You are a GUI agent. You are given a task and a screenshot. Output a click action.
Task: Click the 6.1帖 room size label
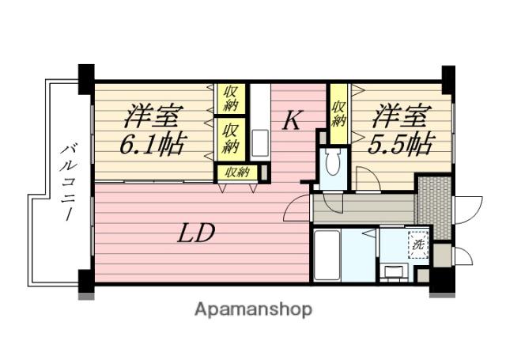(153, 143)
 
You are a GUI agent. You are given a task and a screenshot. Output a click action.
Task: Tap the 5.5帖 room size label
(400, 143)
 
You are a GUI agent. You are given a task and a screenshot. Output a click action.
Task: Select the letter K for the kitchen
(293, 120)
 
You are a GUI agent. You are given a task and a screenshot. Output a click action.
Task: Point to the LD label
(196, 233)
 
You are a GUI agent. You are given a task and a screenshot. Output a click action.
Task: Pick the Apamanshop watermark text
(253, 310)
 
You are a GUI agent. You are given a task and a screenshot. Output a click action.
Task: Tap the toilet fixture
(332, 162)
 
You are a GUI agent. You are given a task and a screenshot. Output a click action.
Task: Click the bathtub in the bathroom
(327, 255)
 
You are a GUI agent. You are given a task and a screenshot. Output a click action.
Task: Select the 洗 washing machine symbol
(418, 244)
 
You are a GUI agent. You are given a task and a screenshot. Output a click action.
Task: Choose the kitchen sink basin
(260, 143)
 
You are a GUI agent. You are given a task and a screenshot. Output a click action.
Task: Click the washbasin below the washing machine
(394, 271)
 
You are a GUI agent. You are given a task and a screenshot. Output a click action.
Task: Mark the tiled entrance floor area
(434, 207)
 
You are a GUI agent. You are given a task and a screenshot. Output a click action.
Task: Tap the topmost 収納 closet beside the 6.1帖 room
(231, 98)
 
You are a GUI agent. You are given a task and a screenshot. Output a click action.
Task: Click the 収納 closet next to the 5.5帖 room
(338, 114)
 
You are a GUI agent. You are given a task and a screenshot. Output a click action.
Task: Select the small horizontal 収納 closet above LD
(237, 172)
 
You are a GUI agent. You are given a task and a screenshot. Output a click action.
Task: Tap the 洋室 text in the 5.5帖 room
(402, 116)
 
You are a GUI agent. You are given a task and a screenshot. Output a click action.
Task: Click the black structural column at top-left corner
(86, 79)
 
